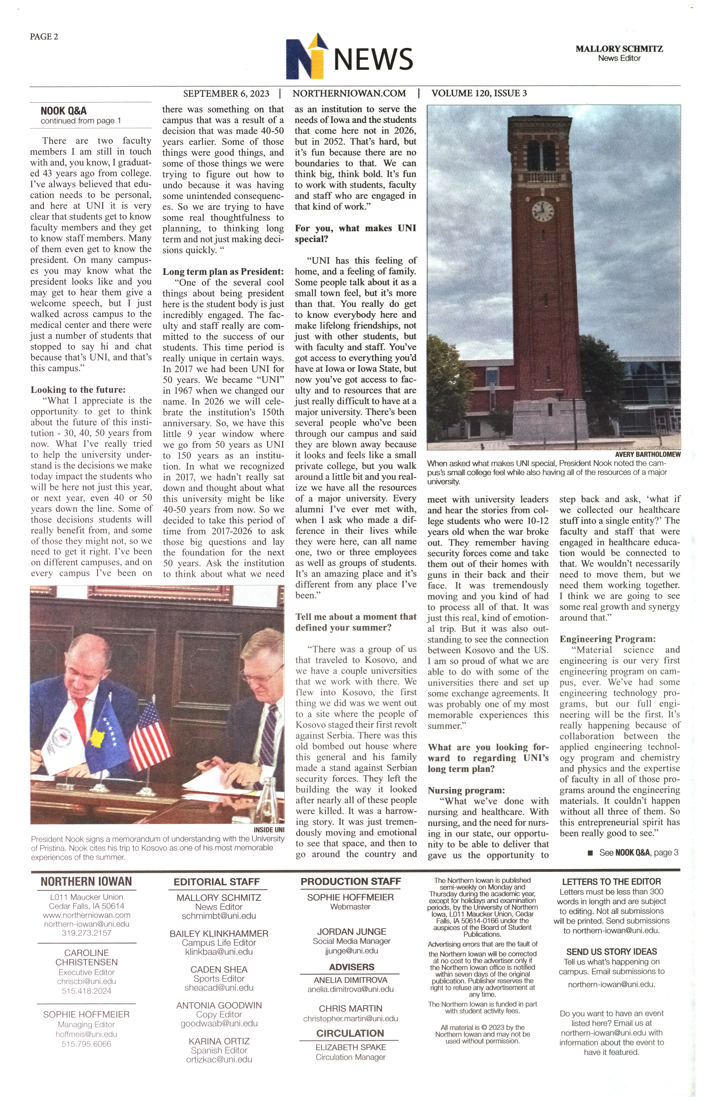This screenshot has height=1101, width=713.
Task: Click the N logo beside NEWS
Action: coord(306,57)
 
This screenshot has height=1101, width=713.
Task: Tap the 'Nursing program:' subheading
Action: coord(466,790)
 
